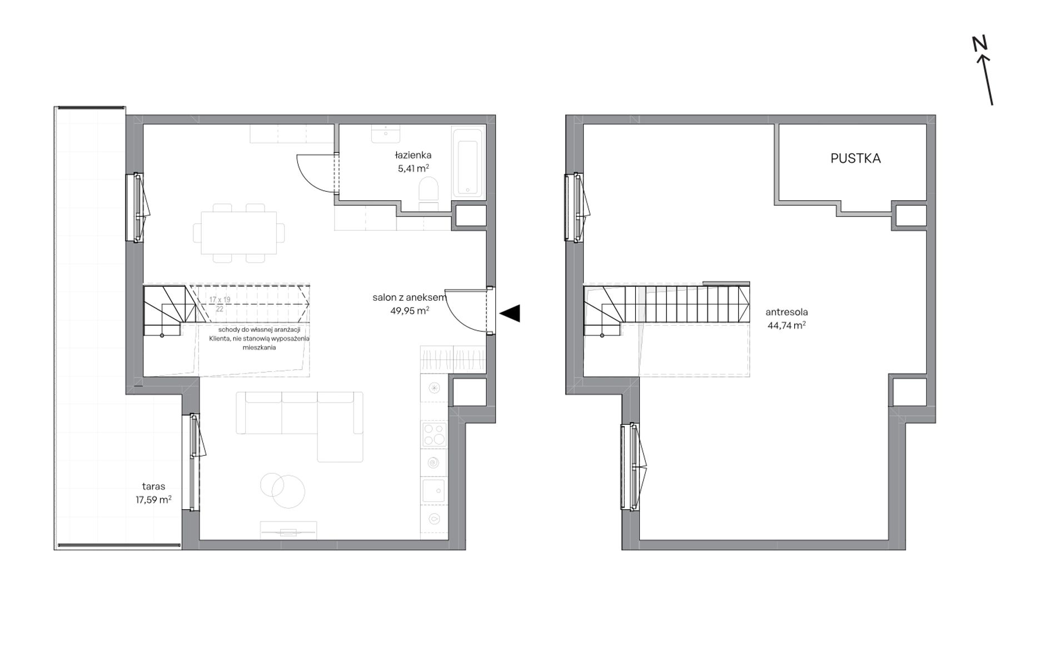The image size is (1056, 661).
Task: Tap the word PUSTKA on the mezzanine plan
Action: (x=855, y=158)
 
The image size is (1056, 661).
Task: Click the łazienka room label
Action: (x=413, y=155)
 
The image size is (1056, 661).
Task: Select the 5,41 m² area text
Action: (x=413, y=168)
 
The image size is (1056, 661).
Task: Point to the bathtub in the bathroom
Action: (x=469, y=163)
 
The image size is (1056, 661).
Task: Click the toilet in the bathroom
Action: (x=428, y=194)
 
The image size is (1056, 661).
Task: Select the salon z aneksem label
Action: (x=410, y=298)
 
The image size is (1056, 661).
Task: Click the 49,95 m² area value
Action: (x=410, y=311)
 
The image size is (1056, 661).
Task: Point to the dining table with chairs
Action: (x=239, y=233)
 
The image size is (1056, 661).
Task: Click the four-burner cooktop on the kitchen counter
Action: (x=434, y=435)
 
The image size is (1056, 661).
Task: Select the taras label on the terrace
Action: (x=153, y=486)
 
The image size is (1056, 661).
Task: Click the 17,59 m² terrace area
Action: (x=153, y=500)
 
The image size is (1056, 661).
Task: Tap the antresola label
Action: (x=786, y=312)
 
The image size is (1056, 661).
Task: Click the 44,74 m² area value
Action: (x=786, y=326)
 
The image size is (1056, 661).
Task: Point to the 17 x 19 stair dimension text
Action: (x=220, y=300)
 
